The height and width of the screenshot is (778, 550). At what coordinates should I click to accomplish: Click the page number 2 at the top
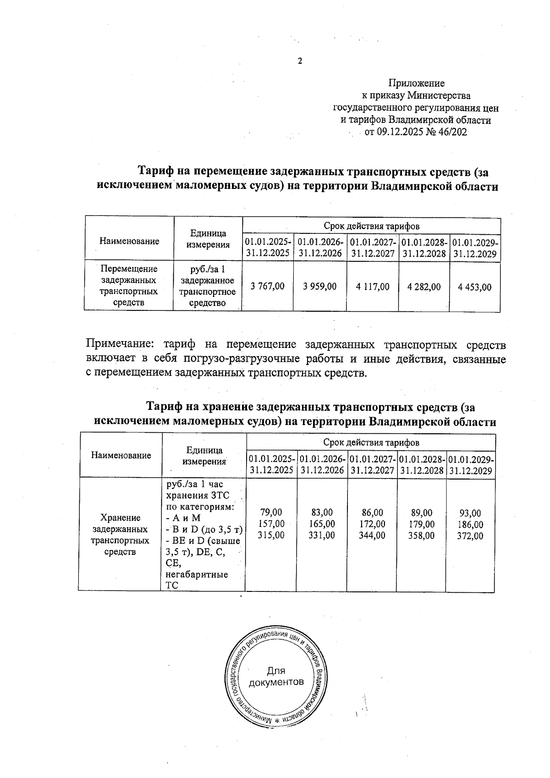(x=300, y=61)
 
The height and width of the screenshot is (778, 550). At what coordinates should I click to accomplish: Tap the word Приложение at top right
(x=416, y=83)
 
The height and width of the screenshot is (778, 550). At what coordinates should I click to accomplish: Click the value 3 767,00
(x=267, y=287)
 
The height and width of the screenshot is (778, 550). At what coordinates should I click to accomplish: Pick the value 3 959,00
(x=320, y=287)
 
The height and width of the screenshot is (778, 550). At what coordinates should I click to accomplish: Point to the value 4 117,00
(x=373, y=287)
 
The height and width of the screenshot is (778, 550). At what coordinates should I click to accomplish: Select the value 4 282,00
(x=424, y=287)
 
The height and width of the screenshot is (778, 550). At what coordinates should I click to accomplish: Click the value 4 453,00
(x=474, y=287)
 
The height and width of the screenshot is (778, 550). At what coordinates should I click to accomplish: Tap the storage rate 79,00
(x=271, y=513)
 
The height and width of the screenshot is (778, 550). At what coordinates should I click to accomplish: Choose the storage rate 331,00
(x=321, y=535)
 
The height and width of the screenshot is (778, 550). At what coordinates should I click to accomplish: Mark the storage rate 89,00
(x=421, y=513)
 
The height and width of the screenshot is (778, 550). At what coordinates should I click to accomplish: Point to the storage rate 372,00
(x=470, y=536)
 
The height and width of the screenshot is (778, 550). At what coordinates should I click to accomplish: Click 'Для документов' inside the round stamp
(x=276, y=677)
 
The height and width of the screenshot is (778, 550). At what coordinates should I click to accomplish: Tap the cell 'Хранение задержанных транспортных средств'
(x=120, y=535)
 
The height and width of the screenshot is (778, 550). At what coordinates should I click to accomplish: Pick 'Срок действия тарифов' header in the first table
(x=371, y=226)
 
